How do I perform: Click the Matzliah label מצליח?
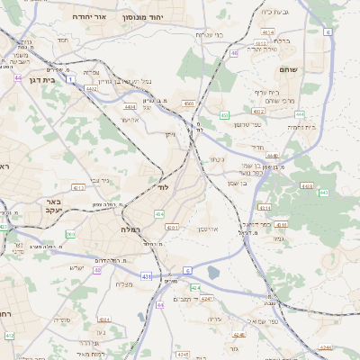click(x=125, y=285)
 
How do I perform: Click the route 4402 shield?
click(x=92, y=88)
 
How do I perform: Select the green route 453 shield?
click(x=223, y=115)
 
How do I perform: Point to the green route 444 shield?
click(x=299, y=114)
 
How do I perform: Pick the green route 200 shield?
click(x=70, y=234)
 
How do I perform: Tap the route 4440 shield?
click(x=272, y=156)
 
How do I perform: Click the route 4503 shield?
click(x=188, y=104)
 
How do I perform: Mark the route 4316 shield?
click(x=281, y=224)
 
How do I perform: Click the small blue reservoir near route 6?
click(x=212, y=273)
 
